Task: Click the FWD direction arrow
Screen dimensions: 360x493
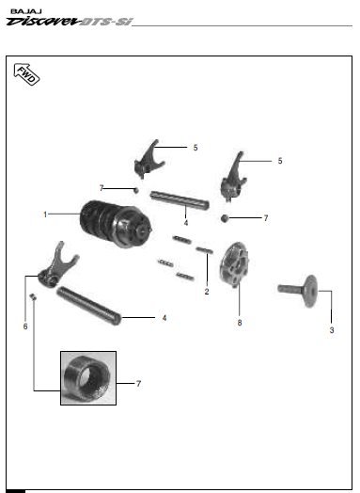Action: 26,74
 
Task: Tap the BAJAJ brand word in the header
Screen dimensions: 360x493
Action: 26,11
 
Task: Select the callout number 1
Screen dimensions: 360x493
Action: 45,215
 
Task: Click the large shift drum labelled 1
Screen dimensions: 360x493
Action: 116,223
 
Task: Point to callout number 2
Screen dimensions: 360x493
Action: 207,292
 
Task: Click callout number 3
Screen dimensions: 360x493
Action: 332,330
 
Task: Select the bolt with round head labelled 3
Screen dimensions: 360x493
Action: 298,291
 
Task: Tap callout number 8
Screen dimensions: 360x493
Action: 240,323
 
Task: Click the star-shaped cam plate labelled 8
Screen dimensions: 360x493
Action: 235,264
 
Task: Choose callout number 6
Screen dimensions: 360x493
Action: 25,326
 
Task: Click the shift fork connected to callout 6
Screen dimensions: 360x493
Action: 58,264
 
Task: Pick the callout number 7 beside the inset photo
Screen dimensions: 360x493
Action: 138,384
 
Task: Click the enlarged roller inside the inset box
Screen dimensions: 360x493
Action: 87,377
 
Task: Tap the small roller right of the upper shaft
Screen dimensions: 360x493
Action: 224,218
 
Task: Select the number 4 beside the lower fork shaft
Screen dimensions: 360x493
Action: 164,318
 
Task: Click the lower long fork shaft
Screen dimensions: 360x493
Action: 89,306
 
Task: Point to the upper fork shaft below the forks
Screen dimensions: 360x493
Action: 180,200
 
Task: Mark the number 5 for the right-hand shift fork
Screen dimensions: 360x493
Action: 280,161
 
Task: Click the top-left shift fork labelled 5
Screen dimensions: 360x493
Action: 149,159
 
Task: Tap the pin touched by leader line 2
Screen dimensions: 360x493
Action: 205,250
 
